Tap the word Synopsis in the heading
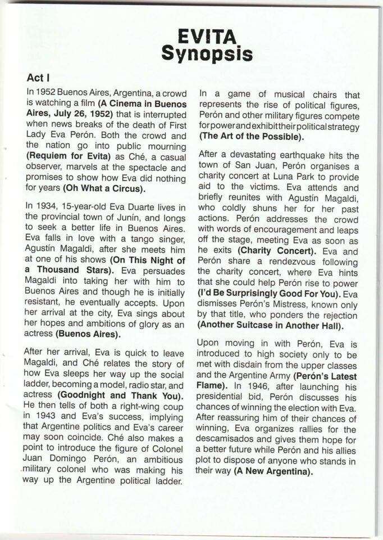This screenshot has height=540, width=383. [207, 54]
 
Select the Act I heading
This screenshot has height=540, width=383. [38, 77]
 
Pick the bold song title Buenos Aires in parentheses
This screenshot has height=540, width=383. [95, 334]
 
